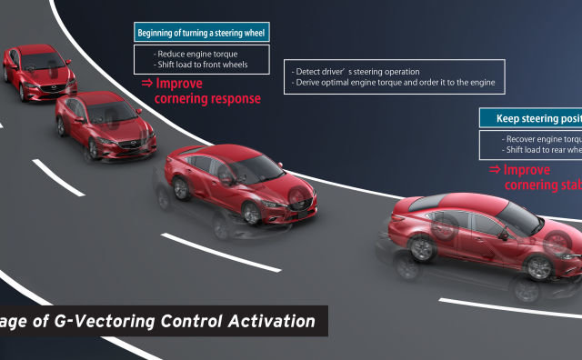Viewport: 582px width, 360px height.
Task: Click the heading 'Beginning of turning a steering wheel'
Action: coord(201,34)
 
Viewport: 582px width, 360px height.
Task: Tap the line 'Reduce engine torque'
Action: coord(196,54)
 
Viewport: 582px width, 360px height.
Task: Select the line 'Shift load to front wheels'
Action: coord(201,65)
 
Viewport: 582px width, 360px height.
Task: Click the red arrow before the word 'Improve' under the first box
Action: coord(146,84)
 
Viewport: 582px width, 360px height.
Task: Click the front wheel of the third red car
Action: coord(251,212)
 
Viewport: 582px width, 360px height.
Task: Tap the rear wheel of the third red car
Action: coord(182,188)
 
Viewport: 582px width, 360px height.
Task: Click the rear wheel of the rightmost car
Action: coord(421,248)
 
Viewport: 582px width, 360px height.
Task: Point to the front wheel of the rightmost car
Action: coord(539,266)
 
